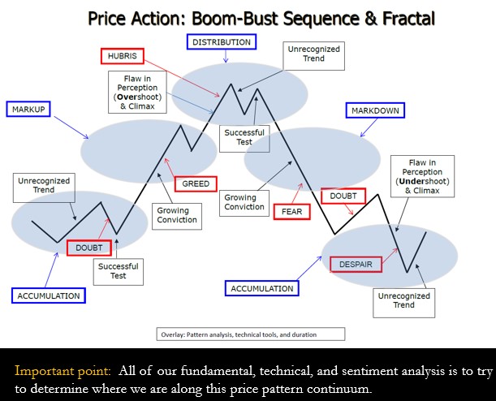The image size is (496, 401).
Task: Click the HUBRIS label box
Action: tap(123, 56)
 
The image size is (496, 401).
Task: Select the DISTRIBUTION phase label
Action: tap(222, 42)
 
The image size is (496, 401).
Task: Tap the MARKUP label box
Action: tap(28, 110)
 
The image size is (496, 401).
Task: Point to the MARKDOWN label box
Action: tap(375, 110)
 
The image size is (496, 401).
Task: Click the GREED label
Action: tap(196, 183)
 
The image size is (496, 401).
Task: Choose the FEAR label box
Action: tap(291, 212)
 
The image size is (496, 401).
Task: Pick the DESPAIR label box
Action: tap(356, 265)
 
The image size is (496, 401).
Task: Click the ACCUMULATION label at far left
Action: tap(49, 295)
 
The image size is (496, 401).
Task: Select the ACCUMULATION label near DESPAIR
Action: tap(262, 288)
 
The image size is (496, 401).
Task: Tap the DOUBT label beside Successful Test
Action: tap(89, 248)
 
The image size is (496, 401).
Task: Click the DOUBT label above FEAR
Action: tap(343, 196)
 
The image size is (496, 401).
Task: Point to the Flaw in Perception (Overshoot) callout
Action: tap(138, 92)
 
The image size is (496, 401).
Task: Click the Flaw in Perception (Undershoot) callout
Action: tap(423, 176)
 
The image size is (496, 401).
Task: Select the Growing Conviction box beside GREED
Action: tap(177, 216)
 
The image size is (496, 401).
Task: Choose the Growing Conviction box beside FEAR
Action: tap(244, 203)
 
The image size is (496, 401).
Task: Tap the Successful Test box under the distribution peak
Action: tap(244, 139)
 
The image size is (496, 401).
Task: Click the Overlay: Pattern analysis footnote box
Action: tap(251, 334)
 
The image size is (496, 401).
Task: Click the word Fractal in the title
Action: tap(408, 19)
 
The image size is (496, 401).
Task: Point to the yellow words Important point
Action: tap(63, 371)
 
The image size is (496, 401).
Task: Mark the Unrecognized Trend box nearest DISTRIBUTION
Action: tap(314, 56)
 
